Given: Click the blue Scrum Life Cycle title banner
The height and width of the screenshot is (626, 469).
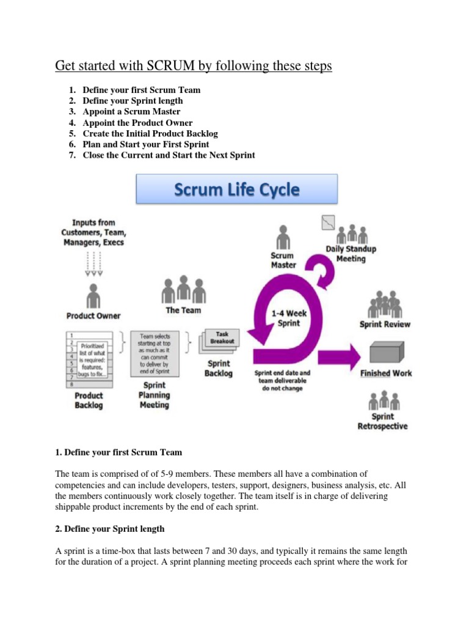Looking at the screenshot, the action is [236, 189].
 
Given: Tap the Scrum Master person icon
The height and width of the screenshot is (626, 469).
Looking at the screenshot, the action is [282, 237].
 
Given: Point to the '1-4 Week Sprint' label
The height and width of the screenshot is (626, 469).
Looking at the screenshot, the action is [289, 317].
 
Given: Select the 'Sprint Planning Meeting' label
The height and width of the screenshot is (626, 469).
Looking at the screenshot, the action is [154, 395].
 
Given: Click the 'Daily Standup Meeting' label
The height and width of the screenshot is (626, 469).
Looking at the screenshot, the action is [351, 254].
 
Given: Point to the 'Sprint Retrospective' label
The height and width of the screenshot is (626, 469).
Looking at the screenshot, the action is [382, 421].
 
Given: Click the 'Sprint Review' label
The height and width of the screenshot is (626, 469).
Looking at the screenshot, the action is [385, 324].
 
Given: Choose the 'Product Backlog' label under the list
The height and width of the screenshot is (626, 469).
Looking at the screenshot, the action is [89, 400].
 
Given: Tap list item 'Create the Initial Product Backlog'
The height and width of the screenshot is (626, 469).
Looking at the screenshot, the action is [150, 133].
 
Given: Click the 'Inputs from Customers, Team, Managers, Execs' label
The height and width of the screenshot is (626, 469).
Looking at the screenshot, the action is [92, 232].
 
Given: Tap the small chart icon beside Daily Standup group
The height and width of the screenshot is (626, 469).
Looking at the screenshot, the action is [329, 222].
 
